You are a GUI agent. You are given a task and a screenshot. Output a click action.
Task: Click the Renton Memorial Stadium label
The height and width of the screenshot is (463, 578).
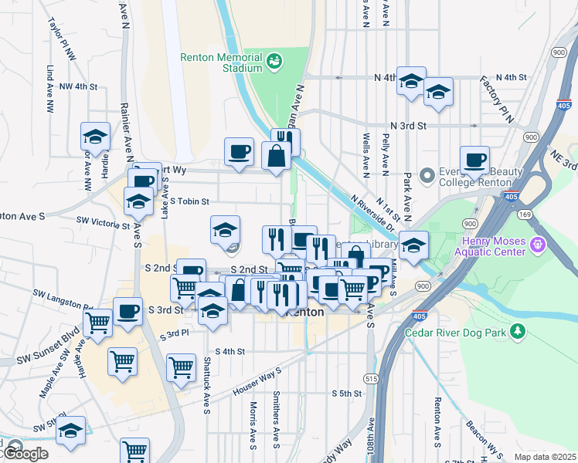(x=222, y=62)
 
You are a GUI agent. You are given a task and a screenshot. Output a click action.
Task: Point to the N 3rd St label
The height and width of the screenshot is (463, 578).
(x=409, y=126)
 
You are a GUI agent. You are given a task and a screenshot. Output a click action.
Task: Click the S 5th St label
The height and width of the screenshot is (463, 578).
(x=347, y=394)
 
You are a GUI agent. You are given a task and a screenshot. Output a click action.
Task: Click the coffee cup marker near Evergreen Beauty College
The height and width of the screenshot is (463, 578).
(x=475, y=160)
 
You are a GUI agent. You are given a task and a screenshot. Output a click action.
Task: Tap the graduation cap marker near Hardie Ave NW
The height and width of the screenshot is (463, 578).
(x=96, y=137)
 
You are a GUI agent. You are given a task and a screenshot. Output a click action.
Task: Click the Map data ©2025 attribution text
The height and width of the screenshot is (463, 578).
(x=545, y=457)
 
